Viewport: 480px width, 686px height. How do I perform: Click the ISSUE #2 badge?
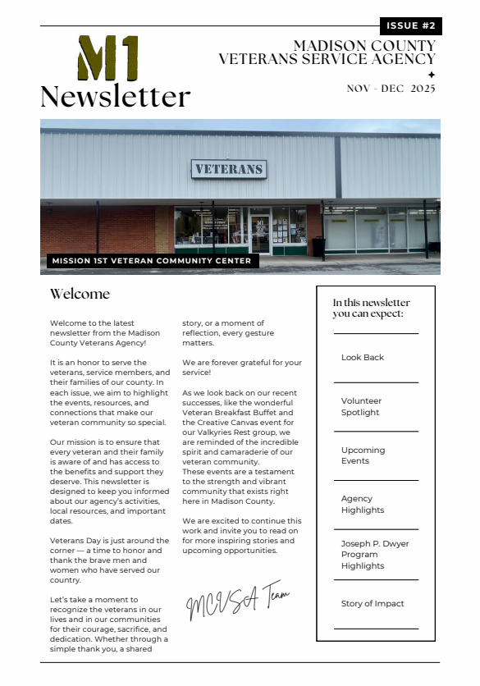tap(410, 26)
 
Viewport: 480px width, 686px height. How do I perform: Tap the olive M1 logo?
tap(107, 58)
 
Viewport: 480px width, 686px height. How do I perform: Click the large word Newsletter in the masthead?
tap(115, 97)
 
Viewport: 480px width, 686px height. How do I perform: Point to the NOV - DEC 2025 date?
tap(391, 89)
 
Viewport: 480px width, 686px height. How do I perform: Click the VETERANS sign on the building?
tap(229, 169)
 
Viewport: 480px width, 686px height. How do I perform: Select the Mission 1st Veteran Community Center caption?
tap(150, 261)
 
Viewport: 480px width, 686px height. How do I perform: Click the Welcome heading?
tap(80, 294)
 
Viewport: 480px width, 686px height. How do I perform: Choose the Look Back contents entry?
tap(363, 358)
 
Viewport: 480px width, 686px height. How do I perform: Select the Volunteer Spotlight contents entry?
tap(362, 407)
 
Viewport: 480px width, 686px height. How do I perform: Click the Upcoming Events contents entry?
tap(363, 455)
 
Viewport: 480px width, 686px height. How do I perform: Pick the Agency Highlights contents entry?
tap(362, 504)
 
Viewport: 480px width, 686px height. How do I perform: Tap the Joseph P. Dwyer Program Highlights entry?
tap(375, 555)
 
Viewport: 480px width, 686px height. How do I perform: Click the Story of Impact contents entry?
tap(373, 604)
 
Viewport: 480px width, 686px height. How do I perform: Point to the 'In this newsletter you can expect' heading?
tap(371, 308)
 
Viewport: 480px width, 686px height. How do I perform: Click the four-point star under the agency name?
tap(432, 74)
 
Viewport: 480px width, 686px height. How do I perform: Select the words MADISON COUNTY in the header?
tap(364, 46)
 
